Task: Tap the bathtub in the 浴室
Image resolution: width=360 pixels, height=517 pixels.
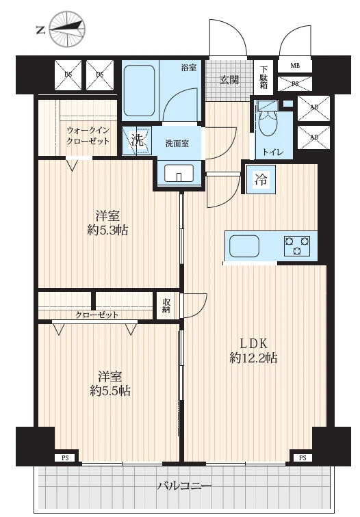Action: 139,90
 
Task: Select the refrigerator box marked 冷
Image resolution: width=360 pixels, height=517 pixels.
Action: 261,180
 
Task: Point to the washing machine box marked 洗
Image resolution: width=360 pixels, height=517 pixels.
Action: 137,141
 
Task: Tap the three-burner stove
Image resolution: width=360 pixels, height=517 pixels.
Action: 297,246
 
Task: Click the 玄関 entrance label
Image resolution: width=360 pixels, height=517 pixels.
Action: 230,80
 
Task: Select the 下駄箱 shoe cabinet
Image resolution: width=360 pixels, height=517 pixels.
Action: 263,78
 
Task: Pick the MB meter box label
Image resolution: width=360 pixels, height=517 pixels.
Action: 295,65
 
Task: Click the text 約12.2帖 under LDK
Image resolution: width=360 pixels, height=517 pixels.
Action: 253,358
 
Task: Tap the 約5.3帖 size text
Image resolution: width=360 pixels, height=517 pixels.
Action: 107,230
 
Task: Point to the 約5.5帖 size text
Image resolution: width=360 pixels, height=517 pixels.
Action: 110,390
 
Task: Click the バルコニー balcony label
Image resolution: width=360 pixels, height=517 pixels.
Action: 185,486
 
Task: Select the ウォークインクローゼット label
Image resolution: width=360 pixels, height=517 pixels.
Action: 88,135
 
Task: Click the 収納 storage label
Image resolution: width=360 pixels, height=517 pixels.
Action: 166,306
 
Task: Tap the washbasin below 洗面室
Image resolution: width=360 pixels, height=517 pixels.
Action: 179,173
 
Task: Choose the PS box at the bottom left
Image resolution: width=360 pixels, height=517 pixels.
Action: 65,458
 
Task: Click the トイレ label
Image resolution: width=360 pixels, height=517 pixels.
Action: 273,153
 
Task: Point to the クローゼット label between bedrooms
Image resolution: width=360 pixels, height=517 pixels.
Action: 97,315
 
